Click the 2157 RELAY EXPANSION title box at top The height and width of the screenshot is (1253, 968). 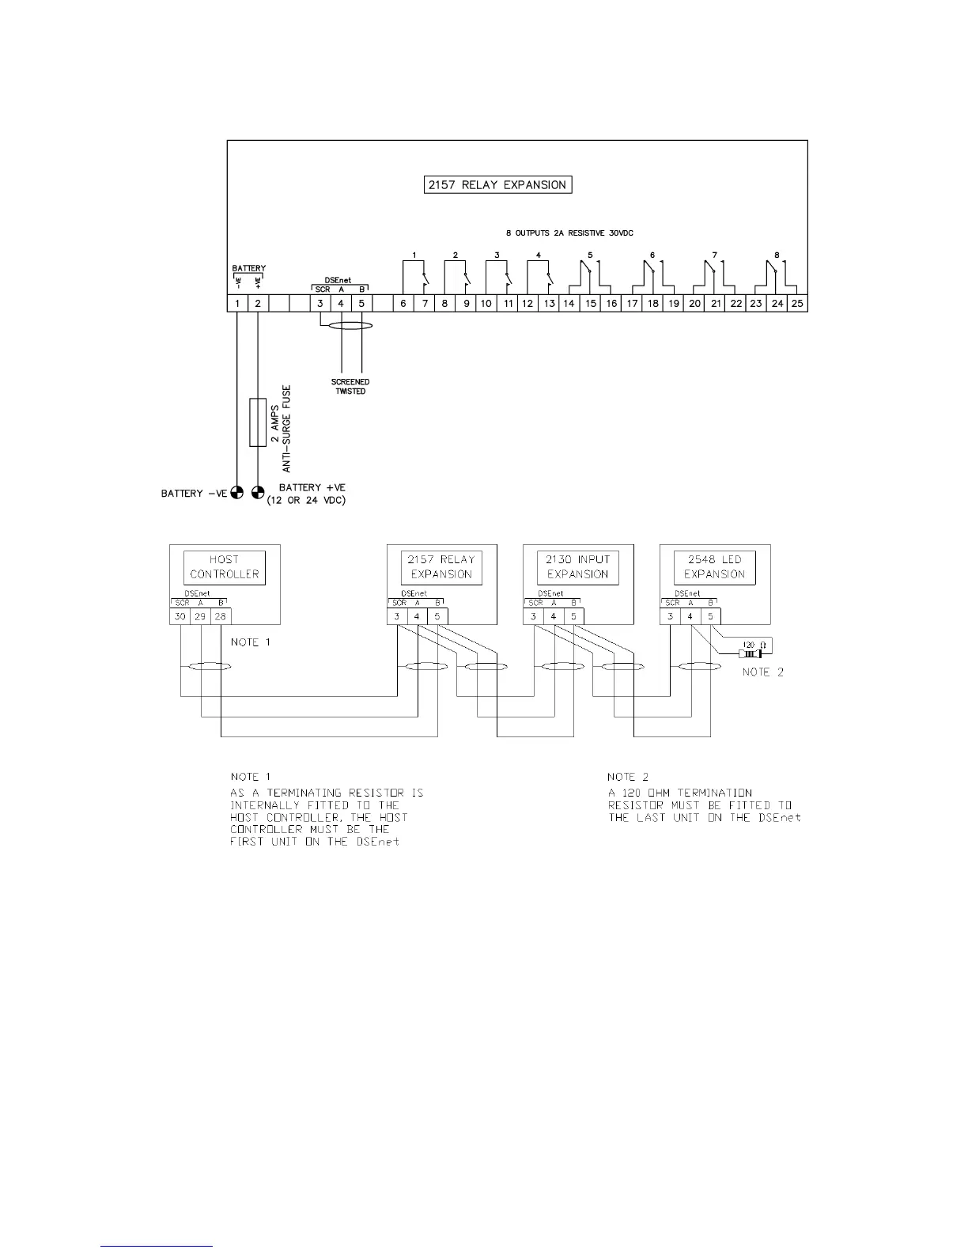pos(497,185)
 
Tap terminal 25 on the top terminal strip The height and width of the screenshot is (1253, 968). pos(798,304)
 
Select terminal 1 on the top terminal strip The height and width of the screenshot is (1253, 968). pos(237,304)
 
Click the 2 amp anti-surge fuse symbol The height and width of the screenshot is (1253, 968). pos(258,422)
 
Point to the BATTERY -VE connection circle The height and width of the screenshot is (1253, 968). pos(237,494)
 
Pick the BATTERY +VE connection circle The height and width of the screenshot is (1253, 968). pos(258,494)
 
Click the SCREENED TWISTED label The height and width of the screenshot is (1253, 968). pos(350,387)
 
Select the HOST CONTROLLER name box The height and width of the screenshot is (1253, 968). pos(225,567)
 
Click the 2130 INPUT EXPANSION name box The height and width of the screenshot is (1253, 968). pos(578,567)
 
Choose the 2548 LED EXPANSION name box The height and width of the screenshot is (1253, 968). pos(715,567)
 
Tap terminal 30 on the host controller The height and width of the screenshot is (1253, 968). pos(180,616)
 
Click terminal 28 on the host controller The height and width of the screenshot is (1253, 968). pos(221,616)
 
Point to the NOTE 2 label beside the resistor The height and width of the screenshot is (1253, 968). pos(763,672)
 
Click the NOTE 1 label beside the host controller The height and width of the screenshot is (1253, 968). pos(251,642)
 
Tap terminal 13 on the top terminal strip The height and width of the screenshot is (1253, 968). pos(549,304)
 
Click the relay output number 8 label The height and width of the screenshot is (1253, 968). pos(777,256)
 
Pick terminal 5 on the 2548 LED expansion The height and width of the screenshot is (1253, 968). pos(710,616)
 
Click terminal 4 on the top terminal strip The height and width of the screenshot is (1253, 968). pos(341,304)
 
